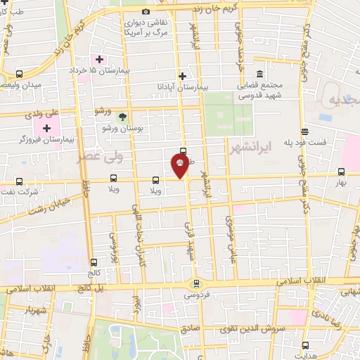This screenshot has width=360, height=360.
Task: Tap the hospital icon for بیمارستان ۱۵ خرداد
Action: [x=100, y=59]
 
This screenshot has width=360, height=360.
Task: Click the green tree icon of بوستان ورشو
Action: [x=123, y=116]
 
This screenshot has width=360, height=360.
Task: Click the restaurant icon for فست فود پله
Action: [x=304, y=131]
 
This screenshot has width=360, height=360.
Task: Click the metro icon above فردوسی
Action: [x=196, y=283]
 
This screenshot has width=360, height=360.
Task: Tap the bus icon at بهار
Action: [x=341, y=172]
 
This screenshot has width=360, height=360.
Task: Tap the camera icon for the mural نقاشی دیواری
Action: [x=146, y=11]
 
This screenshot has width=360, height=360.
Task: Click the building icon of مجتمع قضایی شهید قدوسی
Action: [x=259, y=74]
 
